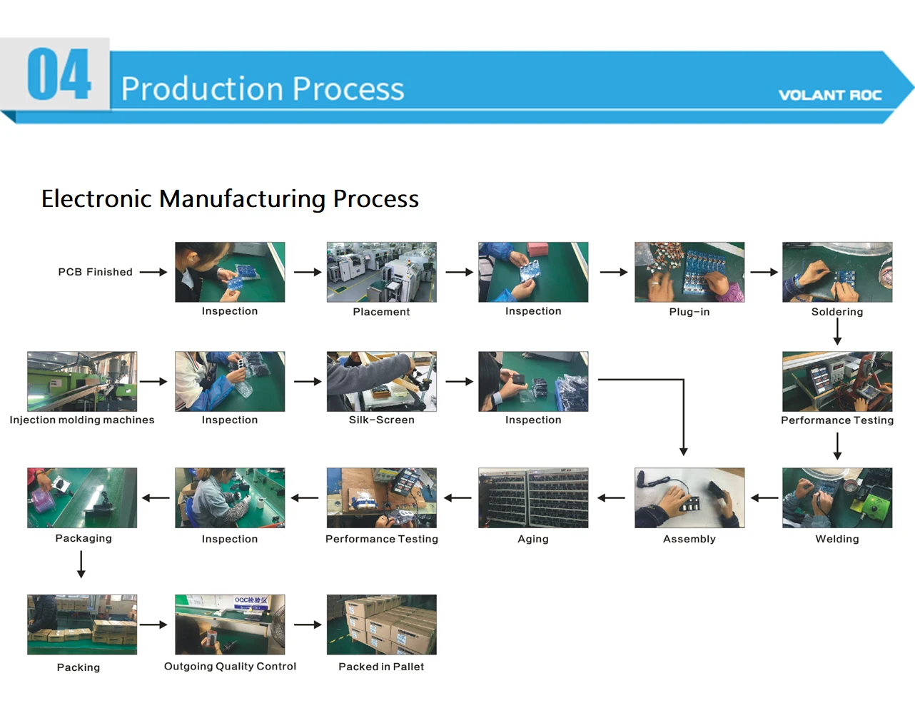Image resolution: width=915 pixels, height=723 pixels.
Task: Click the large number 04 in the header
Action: pos(59,74)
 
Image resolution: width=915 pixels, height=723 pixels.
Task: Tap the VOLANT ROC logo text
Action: pos(829,96)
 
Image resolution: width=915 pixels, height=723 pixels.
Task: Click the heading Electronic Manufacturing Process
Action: pos(230,198)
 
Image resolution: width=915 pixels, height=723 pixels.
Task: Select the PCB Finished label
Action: pos(95,272)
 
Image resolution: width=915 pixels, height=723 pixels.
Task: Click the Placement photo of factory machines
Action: pos(381,272)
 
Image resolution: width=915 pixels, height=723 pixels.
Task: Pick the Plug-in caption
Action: pos(689,312)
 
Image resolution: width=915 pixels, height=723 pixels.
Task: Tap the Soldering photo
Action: pos(836,272)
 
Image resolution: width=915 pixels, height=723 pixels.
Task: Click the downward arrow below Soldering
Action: pos(837,332)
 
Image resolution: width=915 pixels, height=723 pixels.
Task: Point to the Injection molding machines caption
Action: pos(82,420)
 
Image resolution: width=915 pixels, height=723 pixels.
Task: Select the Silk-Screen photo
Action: pos(381,381)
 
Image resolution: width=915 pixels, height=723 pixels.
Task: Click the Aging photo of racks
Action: pos(533,497)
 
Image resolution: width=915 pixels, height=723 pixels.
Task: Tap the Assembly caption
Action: pos(689,539)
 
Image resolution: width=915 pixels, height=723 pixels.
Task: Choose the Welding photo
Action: pos(836,497)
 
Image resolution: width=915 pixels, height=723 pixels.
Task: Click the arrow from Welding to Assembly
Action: pos(764,497)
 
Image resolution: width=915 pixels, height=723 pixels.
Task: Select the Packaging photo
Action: pos(82,497)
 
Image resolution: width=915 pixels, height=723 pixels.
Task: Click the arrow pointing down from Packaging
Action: pos(81,564)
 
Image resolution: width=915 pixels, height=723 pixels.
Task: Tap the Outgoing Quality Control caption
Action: pos(230,667)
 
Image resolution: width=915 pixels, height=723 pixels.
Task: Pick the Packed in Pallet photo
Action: pos(381,625)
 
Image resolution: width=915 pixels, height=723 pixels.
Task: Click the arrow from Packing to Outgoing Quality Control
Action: pos(153,625)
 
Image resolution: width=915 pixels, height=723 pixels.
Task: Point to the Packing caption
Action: pos(79,667)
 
